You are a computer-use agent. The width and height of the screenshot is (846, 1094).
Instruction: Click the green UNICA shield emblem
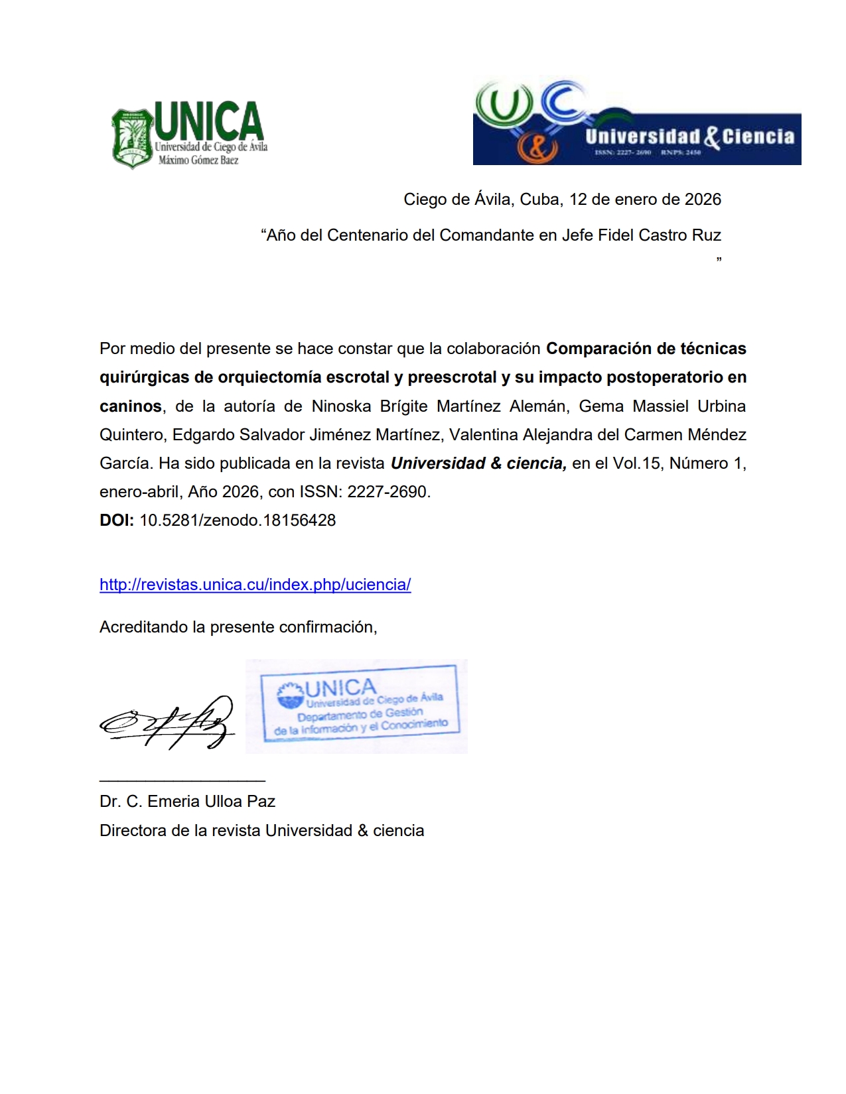(x=133, y=138)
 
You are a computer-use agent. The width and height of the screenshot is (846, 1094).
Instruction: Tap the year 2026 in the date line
(x=703, y=200)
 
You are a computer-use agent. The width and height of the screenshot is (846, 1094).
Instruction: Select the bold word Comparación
(x=599, y=349)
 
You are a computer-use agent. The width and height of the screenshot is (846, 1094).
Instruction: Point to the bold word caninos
(x=131, y=406)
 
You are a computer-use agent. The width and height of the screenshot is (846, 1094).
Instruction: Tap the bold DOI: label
(x=117, y=520)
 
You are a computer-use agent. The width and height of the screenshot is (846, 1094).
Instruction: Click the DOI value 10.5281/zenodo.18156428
(x=238, y=520)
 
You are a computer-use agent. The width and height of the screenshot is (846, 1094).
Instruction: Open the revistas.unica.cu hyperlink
(x=255, y=585)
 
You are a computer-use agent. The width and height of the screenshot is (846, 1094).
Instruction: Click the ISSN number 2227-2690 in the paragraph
(x=388, y=492)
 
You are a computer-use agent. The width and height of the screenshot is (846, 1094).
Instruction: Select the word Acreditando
(x=143, y=627)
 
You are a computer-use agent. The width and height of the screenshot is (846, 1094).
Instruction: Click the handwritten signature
(x=167, y=723)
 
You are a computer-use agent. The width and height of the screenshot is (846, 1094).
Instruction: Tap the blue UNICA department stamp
(x=358, y=705)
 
